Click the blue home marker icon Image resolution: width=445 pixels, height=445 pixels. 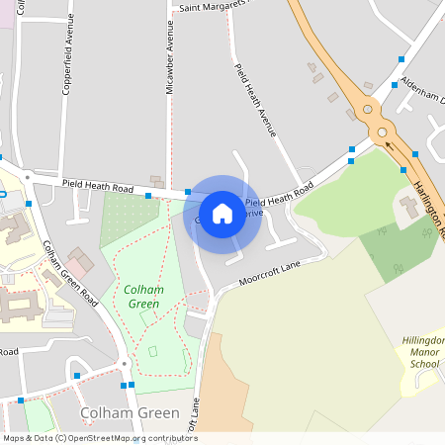(x=222, y=213)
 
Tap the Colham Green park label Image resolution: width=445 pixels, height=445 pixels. (x=142, y=296)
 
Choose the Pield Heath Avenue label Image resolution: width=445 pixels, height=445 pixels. (x=256, y=98)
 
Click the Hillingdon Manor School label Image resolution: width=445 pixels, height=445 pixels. (x=424, y=352)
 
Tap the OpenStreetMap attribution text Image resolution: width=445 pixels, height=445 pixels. (x=99, y=438)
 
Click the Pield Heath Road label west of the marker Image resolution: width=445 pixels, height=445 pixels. (x=97, y=185)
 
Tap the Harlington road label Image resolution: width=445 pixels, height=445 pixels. (x=429, y=209)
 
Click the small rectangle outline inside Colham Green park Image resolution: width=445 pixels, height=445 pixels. (x=152, y=351)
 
